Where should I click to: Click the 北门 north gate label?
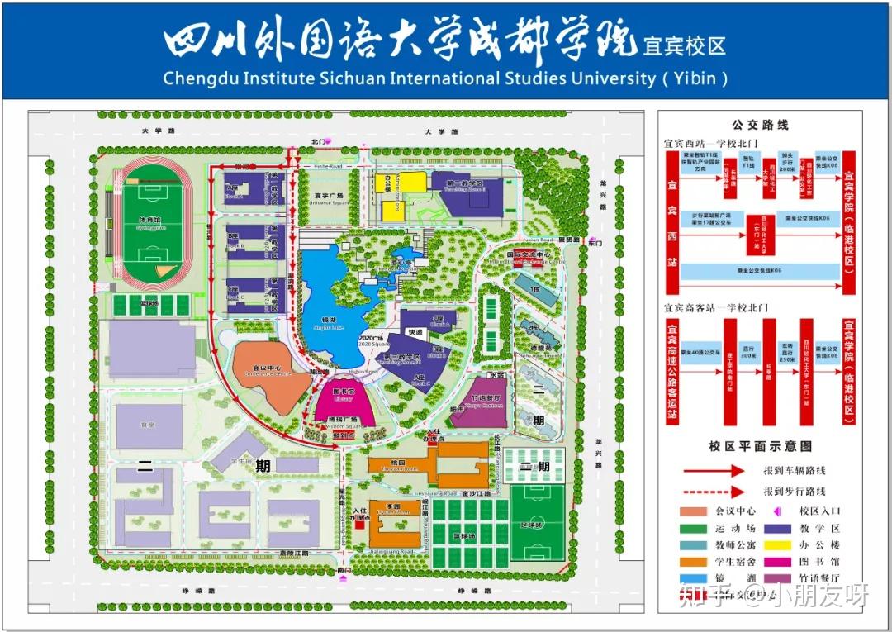[320, 142]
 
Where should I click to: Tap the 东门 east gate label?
[595, 244]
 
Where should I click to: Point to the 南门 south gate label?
[344, 570]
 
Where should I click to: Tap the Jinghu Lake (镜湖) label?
[329, 324]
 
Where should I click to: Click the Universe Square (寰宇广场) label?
[329, 197]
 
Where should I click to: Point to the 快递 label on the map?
[414, 332]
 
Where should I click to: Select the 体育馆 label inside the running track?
[150, 221]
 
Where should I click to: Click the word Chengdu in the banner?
[198, 78]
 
